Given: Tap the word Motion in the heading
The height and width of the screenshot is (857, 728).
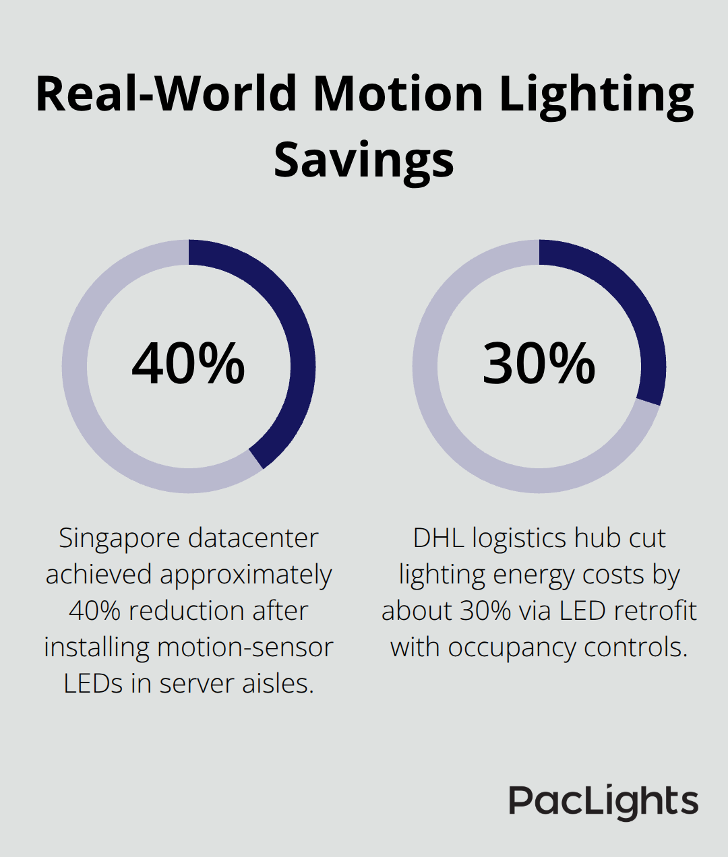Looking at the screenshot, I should [x=398, y=93].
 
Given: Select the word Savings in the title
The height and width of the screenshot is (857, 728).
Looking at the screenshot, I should [x=364, y=160].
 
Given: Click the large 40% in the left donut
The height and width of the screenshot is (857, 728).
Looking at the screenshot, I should [x=188, y=364].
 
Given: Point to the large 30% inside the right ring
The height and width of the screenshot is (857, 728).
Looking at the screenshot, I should [x=539, y=364].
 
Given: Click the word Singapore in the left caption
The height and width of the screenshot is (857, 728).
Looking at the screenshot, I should [x=119, y=538].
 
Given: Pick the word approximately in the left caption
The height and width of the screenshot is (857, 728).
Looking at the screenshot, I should [x=245, y=575].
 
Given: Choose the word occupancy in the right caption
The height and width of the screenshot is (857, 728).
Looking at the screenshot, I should [x=512, y=647].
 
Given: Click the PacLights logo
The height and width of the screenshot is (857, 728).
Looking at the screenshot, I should [x=603, y=802].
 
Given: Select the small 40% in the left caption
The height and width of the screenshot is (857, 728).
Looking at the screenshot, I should [x=95, y=611].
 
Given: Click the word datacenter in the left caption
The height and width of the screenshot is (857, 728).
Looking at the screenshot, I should [x=253, y=538].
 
